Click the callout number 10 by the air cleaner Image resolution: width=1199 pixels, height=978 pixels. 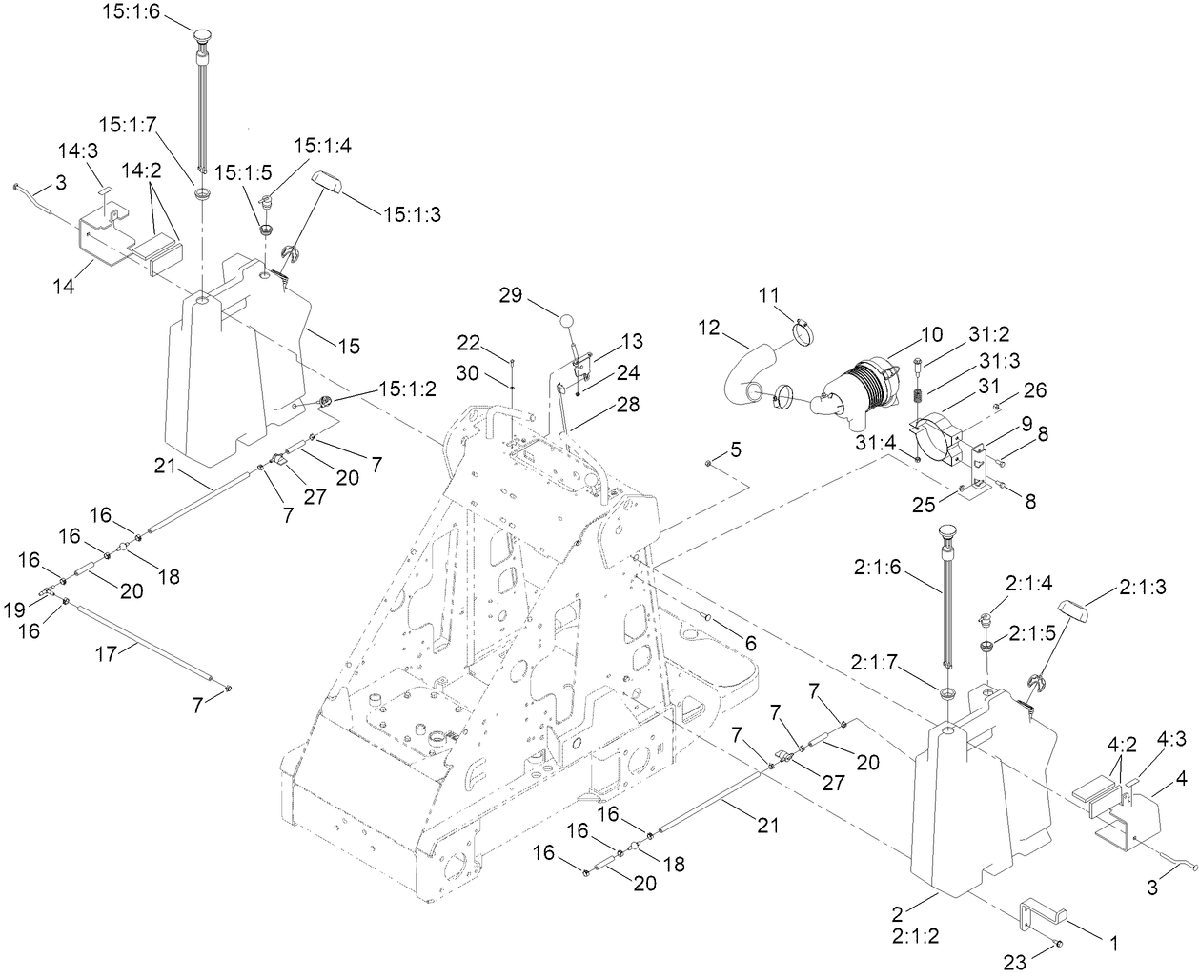pos(930,334)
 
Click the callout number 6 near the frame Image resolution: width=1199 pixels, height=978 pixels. pos(750,644)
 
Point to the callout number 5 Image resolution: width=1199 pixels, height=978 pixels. pos(735,448)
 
